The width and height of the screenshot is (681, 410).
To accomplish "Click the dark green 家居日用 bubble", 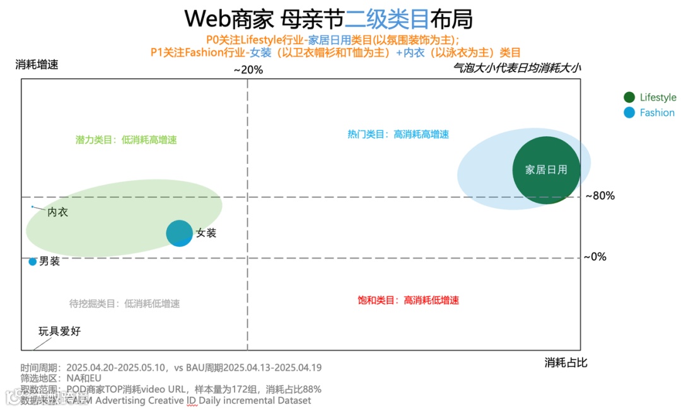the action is coord(546,170).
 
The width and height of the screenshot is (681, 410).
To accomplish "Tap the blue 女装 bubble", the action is coord(180,233).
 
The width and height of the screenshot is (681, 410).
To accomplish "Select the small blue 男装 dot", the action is coord(33,261).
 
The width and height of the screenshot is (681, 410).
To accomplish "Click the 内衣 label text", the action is coord(58,212).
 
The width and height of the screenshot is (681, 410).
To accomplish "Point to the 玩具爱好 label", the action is coord(60,331).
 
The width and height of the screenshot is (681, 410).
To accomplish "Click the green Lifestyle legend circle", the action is coord(629,97).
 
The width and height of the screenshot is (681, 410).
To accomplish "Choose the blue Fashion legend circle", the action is coord(629,113).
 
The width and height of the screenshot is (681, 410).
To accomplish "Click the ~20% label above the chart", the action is coord(248,70).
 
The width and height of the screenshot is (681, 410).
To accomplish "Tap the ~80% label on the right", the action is coord(600,196).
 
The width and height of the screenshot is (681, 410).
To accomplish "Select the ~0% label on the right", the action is coord(595,257).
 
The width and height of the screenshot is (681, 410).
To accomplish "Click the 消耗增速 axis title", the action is coord(37,64).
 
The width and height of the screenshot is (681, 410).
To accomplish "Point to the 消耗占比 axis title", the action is coord(566,363).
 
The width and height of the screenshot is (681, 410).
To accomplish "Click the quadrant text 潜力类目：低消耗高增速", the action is coord(126,140).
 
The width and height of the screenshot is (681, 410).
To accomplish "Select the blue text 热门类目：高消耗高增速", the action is coord(398,134).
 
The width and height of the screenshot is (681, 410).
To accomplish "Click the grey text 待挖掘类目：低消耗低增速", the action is coord(124,304).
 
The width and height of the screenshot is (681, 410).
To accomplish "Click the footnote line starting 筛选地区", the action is coord(61,379).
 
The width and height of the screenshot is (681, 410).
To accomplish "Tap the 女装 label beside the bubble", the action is coord(206,233).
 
